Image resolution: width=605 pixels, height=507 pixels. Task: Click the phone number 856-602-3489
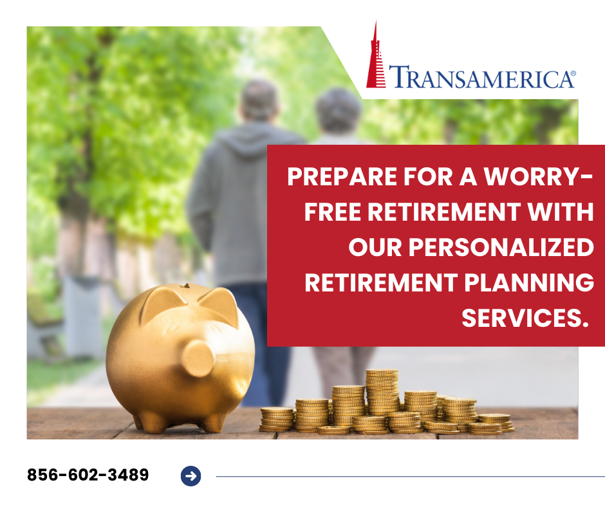[x=88, y=475]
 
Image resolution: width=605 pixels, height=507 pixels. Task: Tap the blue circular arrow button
[x=191, y=476]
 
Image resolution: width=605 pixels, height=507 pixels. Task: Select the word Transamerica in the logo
[x=481, y=77]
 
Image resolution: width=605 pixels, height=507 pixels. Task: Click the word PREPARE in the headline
[x=342, y=177]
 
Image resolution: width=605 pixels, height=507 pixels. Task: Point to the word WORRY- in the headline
[x=538, y=177]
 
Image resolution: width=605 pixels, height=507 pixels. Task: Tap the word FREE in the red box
[x=333, y=212]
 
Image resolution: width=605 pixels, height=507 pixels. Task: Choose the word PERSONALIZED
[x=501, y=247]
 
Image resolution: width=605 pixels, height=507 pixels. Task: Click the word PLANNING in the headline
[x=529, y=283]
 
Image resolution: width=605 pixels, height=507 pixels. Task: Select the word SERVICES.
[x=525, y=318]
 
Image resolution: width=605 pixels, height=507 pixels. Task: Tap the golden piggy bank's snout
[x=198, y=358]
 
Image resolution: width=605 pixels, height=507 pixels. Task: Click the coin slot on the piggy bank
[x=186, y=286]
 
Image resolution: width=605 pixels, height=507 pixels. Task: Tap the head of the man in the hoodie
[x=259, y=100]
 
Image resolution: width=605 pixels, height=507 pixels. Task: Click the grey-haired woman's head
[x=339, y=111]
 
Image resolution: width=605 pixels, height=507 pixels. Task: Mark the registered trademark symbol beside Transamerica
[x=573, y=73]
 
